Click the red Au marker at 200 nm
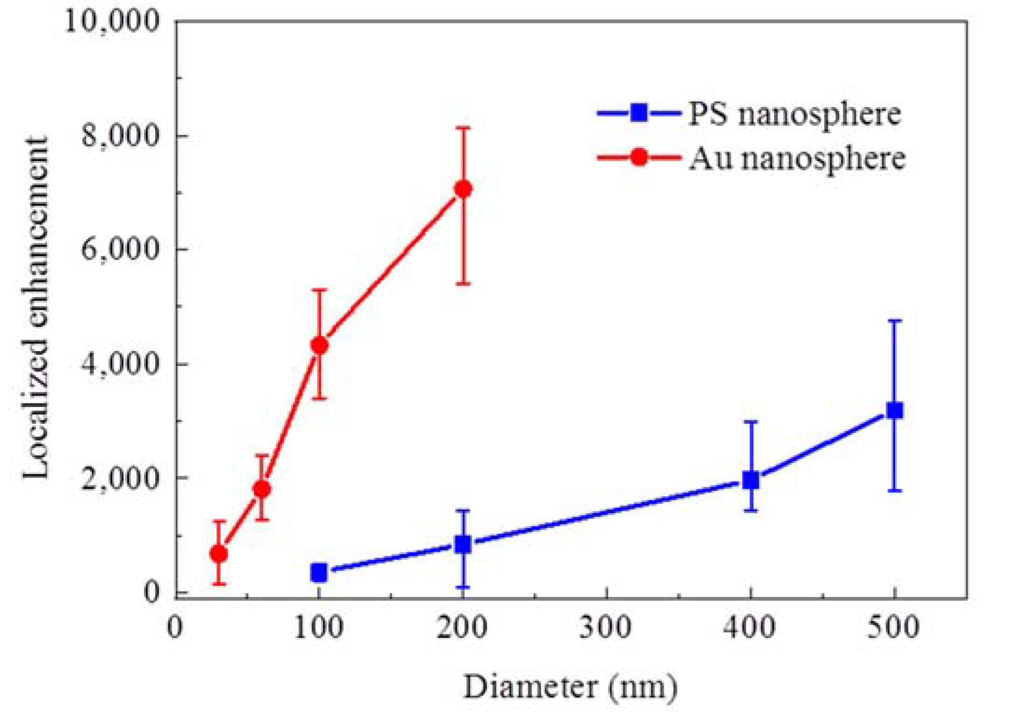pos(463,189)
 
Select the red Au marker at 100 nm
pos(319,345)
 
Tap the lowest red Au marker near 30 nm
pos(219,554)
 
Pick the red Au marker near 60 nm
pos(262,489)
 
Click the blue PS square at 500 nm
pos(894,411)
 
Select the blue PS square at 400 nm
pos(750,480)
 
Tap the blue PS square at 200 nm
pos(463,544)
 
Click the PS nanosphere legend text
pos(794,114)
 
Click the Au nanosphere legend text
pos(797,158)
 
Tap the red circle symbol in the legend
pos(639,157)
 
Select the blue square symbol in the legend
pos(639,113)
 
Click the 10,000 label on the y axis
pos(112,21)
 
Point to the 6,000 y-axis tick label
pos(120,249)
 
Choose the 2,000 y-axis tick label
pos(120,478)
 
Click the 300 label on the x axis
pos(606,627)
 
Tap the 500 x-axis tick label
pos(894,627)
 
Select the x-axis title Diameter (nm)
pos(570,687)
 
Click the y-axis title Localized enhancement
pos(36,307)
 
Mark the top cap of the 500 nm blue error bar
pos(894,320)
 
